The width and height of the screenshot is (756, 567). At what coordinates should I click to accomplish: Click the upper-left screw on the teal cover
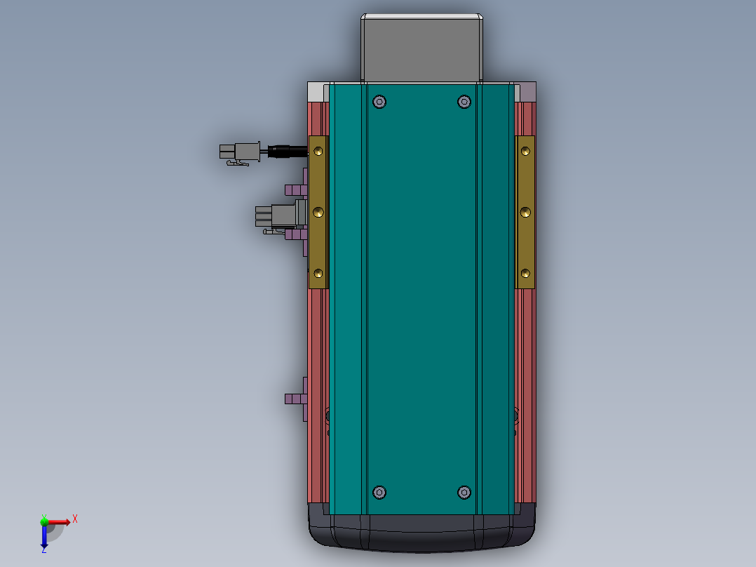coord(379,102)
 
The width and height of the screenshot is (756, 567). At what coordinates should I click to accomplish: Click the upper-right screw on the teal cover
coord(464,102)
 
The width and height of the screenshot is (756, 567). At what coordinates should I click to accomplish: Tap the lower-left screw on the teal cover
coord(379,492)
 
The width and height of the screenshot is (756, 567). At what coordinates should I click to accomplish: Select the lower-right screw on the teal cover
coord(464,492)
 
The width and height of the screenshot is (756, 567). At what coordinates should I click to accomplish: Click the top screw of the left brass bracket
coord(318,151)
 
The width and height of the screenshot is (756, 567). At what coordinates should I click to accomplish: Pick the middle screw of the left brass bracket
coord(318,213)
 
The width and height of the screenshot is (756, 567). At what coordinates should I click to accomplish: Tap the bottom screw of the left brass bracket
coord(318,274)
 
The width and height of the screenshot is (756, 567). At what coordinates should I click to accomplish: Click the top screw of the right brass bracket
coord(525,151)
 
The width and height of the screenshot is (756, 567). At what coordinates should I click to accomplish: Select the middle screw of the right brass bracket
coord(525,213)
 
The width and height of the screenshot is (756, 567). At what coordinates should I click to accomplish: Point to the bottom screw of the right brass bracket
coord(525,274)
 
